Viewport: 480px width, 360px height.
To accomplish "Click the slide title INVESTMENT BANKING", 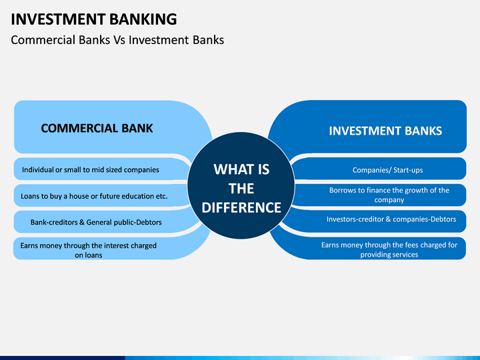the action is click(x=94, y=19).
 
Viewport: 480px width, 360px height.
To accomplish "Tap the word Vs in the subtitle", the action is click(x=119, y=40).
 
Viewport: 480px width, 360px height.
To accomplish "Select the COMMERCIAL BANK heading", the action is click(x=97, y=128).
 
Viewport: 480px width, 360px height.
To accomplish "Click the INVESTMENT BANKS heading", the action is click(x=385, y=131).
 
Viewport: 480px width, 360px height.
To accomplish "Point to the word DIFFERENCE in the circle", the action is click(x=241, y=207).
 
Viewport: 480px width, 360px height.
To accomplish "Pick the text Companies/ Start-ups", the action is click(x=387, y=170).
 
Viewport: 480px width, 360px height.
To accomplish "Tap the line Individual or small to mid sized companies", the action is click(x=91, y=169).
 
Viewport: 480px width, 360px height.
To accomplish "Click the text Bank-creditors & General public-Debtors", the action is click(x=96, y=222).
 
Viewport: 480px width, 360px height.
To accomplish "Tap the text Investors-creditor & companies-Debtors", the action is click(x=391, y=219).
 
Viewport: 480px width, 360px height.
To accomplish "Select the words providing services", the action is click(x=389, y=255).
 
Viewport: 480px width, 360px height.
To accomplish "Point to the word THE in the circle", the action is click(x=241, y=189).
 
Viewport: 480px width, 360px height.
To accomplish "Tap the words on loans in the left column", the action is click(x=89, y=255).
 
